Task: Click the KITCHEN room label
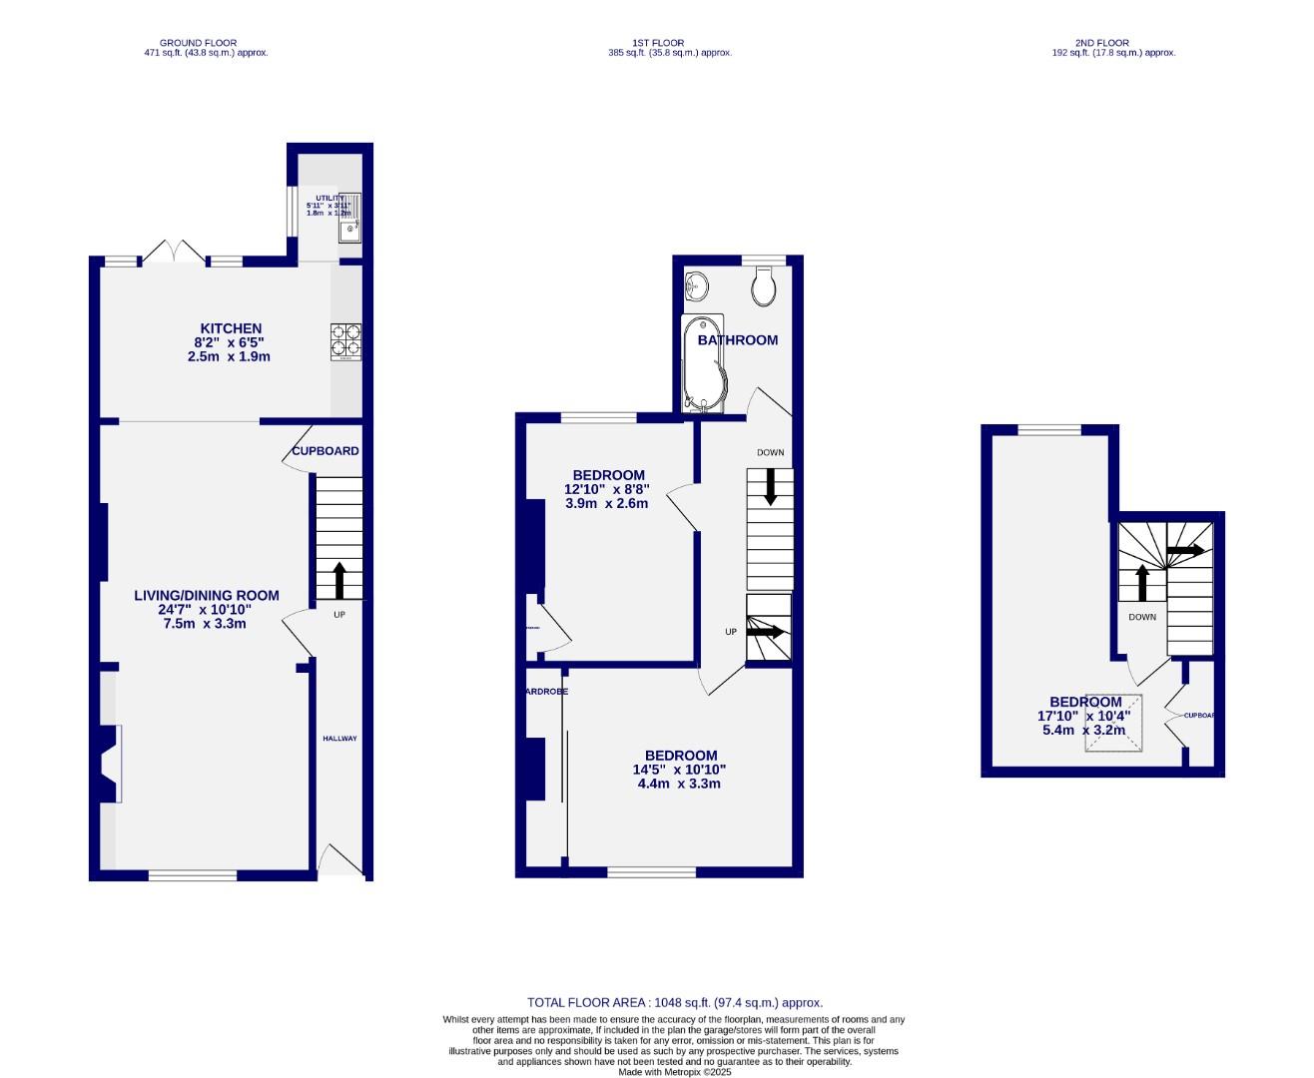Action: (x=231, y=328)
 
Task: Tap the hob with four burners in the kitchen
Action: (x=345, y=341)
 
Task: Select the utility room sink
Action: (x=349, y=232)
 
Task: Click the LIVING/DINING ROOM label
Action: (x=207, y=596)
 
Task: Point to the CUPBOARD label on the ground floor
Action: (x=325, y=451)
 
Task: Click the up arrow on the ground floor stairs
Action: (x=338, y=579)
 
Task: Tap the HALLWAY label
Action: (x=339, y=739)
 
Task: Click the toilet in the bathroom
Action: (x=764, y=288)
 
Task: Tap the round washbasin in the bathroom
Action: (x=697, y=286)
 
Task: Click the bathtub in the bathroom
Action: (x=705, y=364)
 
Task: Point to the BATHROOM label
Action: (x=738, y=340)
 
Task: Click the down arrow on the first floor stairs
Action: (x=770, y=486)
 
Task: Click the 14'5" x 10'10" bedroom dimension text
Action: (x=679, y=770)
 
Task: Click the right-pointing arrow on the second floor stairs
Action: (x=1185, y=550)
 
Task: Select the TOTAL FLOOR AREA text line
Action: (x=675, y=1002)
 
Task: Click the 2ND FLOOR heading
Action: (x=1102, y=43)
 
